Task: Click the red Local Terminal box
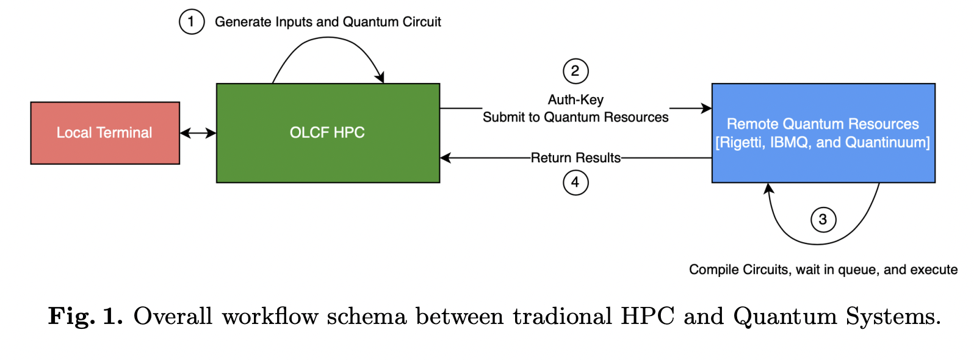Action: [105, 133]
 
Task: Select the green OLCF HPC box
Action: [328, 133]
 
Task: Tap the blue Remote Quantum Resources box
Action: [823, 133]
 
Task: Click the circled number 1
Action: [192, 22]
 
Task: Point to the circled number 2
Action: [575, 71]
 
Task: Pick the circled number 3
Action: [823, 220]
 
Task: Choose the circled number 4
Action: [575, 182]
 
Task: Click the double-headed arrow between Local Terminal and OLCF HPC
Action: [198, 133]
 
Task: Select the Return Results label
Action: [575, 158]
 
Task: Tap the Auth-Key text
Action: [575, 99]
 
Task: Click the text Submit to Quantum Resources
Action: [575, 117]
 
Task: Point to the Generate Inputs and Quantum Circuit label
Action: [328, 22]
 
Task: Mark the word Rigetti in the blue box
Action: [740, 143]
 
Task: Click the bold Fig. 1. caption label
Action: [85, 316]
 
